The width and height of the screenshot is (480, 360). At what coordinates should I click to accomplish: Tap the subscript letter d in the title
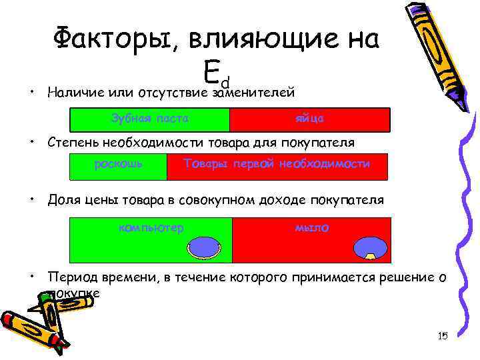[x=225, y=81]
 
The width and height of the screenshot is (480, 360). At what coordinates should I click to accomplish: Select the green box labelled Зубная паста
[x=150, y=119]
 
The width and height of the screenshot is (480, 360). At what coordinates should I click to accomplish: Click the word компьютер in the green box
[x=151, y=228]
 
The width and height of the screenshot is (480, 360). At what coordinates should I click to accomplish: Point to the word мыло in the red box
[x=311, y=228]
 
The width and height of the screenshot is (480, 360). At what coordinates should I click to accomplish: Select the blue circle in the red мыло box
[x=369, y=247]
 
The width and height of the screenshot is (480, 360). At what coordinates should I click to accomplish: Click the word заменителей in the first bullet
[x=253, y=93]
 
